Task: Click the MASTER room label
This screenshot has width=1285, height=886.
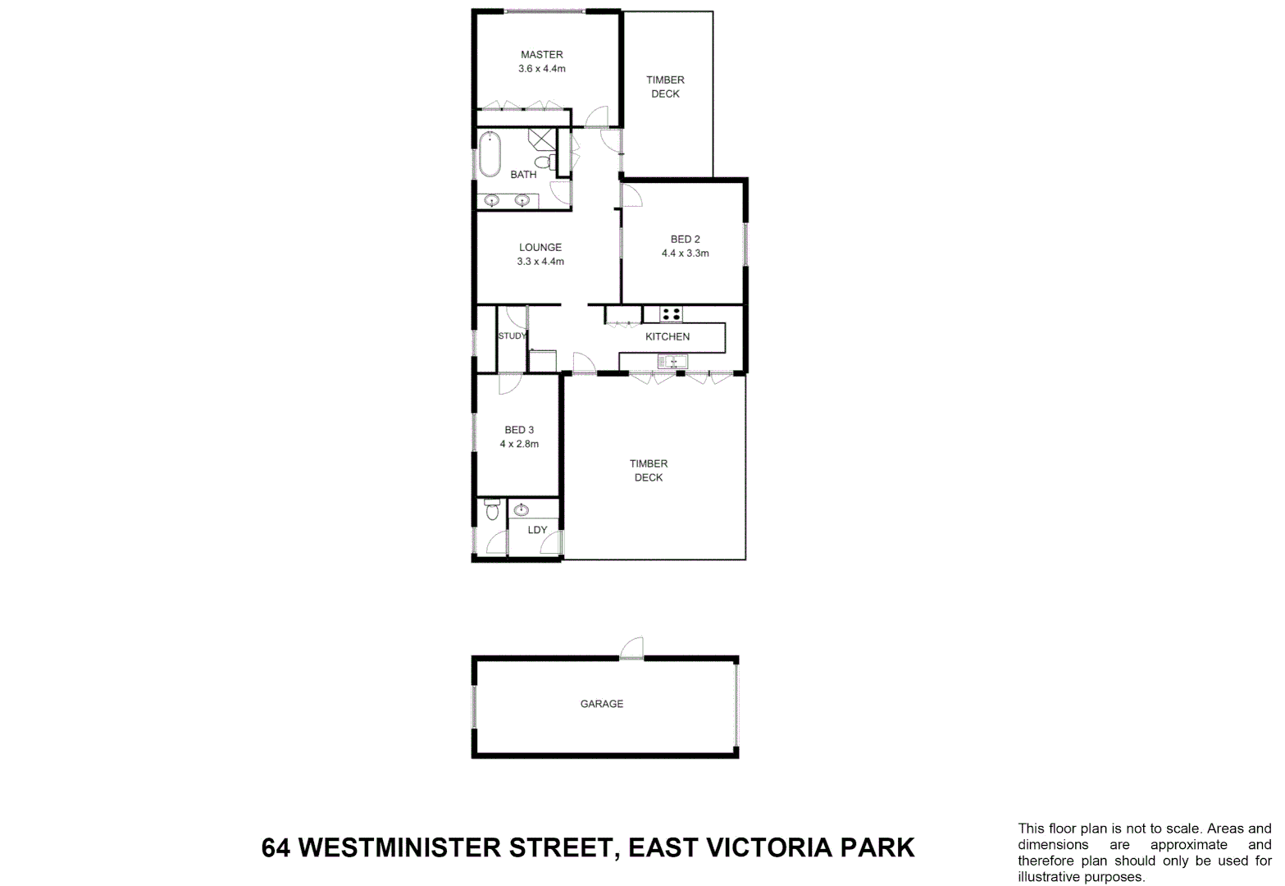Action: coord(541,55)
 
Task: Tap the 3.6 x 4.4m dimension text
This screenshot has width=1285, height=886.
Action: coord(541,69)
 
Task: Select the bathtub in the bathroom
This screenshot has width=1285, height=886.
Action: coord(490,153)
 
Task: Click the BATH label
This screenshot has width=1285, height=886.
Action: coord(523,175)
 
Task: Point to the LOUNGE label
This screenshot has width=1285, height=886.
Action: coord(540,248)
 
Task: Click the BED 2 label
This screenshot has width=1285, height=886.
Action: coord(685,240)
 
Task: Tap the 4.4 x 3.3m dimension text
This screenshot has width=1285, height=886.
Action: coord(685,253)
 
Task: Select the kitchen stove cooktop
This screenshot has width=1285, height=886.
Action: coord(671,314)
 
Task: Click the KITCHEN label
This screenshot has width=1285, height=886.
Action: coord(668,337)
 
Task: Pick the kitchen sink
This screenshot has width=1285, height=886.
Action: coord(672,362)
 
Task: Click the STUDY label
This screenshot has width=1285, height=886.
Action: coord(512,336)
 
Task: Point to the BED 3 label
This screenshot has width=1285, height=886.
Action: coord(519,430)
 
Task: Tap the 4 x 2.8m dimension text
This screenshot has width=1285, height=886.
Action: coord(519,444)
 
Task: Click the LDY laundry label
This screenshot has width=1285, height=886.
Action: coord(537,530)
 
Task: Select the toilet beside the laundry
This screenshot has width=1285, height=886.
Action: coord(492,509)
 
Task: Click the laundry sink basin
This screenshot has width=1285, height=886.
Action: coord(521,510)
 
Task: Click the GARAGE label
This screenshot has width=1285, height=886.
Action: coord(602,704)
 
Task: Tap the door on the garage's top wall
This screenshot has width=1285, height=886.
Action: coord(631,649)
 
